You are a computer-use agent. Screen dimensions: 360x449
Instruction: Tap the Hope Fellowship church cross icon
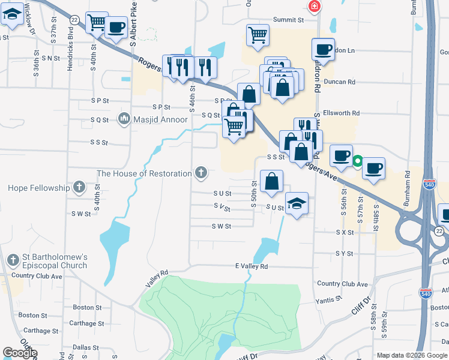pos(79,188)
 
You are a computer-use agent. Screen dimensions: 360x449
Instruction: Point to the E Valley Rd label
pos(251,266)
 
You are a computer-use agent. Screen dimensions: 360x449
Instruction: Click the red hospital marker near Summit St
pos(313,7)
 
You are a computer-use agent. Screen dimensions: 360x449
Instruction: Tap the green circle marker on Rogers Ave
pos(357,161)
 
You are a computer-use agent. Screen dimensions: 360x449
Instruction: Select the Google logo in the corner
pos(20,353)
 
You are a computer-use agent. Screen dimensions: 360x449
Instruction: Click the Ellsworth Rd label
pos(340,112)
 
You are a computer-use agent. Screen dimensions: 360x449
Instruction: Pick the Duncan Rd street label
pos(339,82)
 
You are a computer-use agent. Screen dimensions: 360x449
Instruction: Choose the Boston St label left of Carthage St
pos(33,315)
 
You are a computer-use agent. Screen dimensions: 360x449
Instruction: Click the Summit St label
pos(289,20)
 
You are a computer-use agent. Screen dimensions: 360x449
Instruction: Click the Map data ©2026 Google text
pos(412,355)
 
